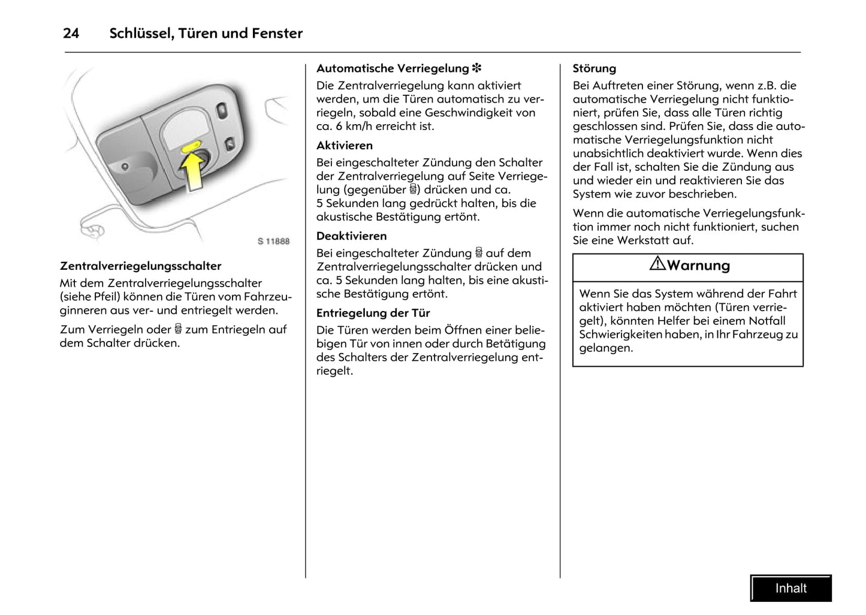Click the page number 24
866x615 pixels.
71,34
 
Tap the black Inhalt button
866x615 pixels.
790,588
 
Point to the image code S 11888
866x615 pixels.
273,241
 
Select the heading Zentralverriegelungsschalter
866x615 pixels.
140,266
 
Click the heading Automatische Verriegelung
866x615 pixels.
392,68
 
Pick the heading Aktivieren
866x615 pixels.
345,146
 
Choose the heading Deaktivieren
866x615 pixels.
352,236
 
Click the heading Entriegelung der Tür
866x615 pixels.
373,313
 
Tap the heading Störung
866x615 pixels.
594,68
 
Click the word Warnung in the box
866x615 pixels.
698,266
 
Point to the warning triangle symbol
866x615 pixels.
657,264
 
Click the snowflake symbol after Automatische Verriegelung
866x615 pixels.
477,68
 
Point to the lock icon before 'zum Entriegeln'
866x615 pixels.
178,329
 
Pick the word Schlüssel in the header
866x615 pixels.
140,34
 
